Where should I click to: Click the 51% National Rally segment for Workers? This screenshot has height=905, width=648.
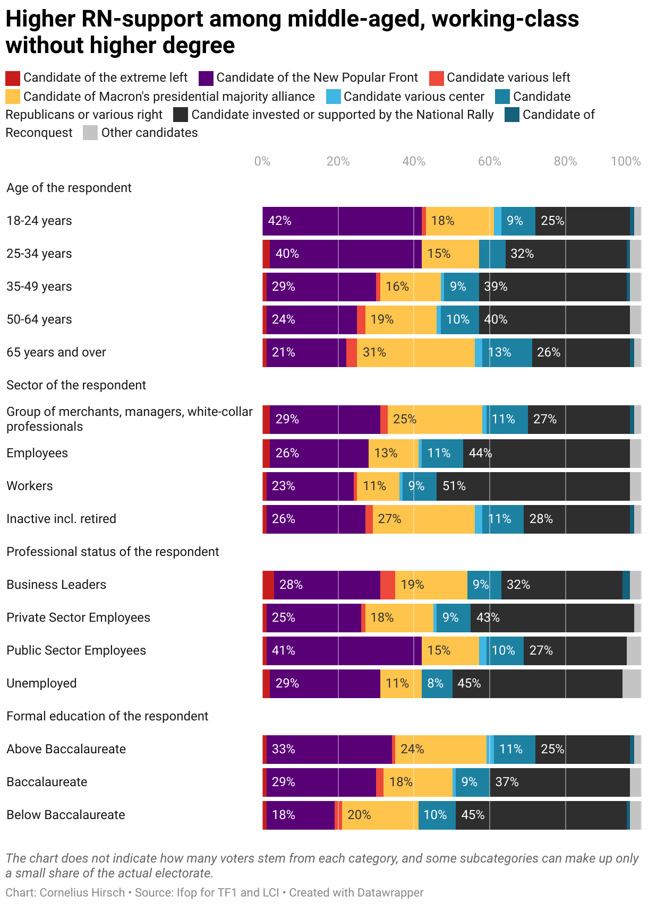pos(533,486)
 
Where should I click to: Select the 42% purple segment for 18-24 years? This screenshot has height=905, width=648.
pos(342,221)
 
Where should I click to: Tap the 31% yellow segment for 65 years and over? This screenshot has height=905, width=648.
pos(415,352)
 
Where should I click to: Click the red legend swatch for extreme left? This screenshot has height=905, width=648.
pos(13,78)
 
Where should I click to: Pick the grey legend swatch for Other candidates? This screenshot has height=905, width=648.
pos(90,133)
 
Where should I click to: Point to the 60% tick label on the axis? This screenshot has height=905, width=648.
pos(489,161)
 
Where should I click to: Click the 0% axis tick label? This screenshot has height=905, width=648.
pos(262,161)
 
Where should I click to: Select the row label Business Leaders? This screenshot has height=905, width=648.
pos(56,585)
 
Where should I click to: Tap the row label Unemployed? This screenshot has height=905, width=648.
pos(41,683)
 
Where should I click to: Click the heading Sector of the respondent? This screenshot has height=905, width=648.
pos(76,385)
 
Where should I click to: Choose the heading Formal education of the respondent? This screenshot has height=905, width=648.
pos(107,716)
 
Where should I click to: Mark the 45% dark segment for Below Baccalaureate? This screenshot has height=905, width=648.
pos(541,815)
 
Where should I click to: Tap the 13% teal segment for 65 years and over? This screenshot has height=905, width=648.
pos(507,352)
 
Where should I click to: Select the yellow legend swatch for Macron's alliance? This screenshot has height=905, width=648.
pos(13,97)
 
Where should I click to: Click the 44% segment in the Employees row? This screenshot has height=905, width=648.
pos(546,453)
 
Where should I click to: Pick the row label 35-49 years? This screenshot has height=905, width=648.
pos(39,286)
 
